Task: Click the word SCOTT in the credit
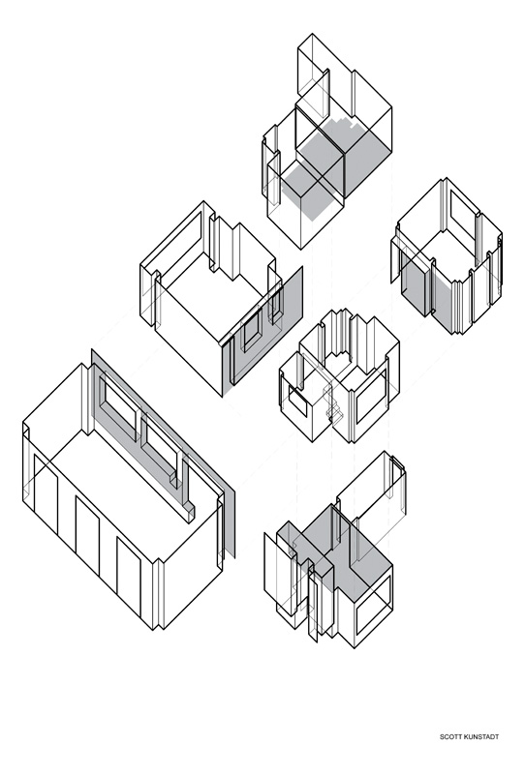(x=448, y=737)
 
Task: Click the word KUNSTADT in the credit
(x=479, y=737)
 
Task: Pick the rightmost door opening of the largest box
(x=129, y=577)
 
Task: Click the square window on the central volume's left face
(x=296, y=399)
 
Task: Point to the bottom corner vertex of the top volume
(x=301, y=249)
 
